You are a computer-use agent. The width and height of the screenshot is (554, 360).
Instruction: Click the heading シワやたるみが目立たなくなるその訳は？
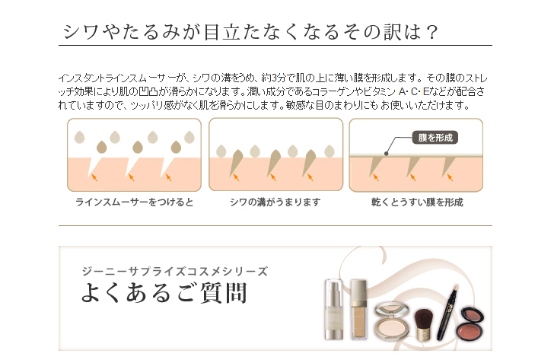pyautogui.click(x=250, y=32)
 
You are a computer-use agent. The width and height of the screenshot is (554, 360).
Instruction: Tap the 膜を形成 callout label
pyautogui.click(x=435, y=138)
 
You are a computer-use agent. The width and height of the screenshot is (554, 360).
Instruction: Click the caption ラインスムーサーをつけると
pyautogui.click(x=134, y=202)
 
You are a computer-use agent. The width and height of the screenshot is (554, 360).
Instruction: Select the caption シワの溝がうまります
pyautogui.click(x=275, y=202)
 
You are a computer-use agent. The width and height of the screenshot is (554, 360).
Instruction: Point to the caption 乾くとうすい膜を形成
pyautogui.click(x=417, y=202)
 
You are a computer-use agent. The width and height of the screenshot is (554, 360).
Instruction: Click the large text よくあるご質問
pyautogui.click(x=164, y=293)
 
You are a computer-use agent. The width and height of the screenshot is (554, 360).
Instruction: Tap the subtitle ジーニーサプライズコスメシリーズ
pyautogui.click(x=174, y=271)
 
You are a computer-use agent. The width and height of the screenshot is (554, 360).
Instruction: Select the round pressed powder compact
pyautogui.click(x=391, y=320)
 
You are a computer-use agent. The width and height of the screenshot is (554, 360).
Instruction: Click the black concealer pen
pyautogui.click(x=447, y=313)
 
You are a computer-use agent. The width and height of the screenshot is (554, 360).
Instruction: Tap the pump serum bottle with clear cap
pyautogui.click(x=334, y=310)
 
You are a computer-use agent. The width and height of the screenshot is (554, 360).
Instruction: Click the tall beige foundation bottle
pyautogui.click(x=359, y=309)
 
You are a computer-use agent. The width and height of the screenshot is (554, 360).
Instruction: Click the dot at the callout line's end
pyautogui.click(x=386, y=153)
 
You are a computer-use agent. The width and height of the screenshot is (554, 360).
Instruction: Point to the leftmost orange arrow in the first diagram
pyautogui.click(x=94, y=177)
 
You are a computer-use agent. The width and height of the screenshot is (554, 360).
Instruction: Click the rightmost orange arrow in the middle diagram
pyautogui.click(x=310, y=177)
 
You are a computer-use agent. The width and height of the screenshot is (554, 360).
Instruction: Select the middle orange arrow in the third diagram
pyautogui.click(x=412, y=177)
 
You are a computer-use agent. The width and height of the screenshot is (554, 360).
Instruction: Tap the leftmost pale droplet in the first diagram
pyautogui.click(x=79, y=137)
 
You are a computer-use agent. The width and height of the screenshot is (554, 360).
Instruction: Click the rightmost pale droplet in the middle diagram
pyautogui.click(x=330, y=151)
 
